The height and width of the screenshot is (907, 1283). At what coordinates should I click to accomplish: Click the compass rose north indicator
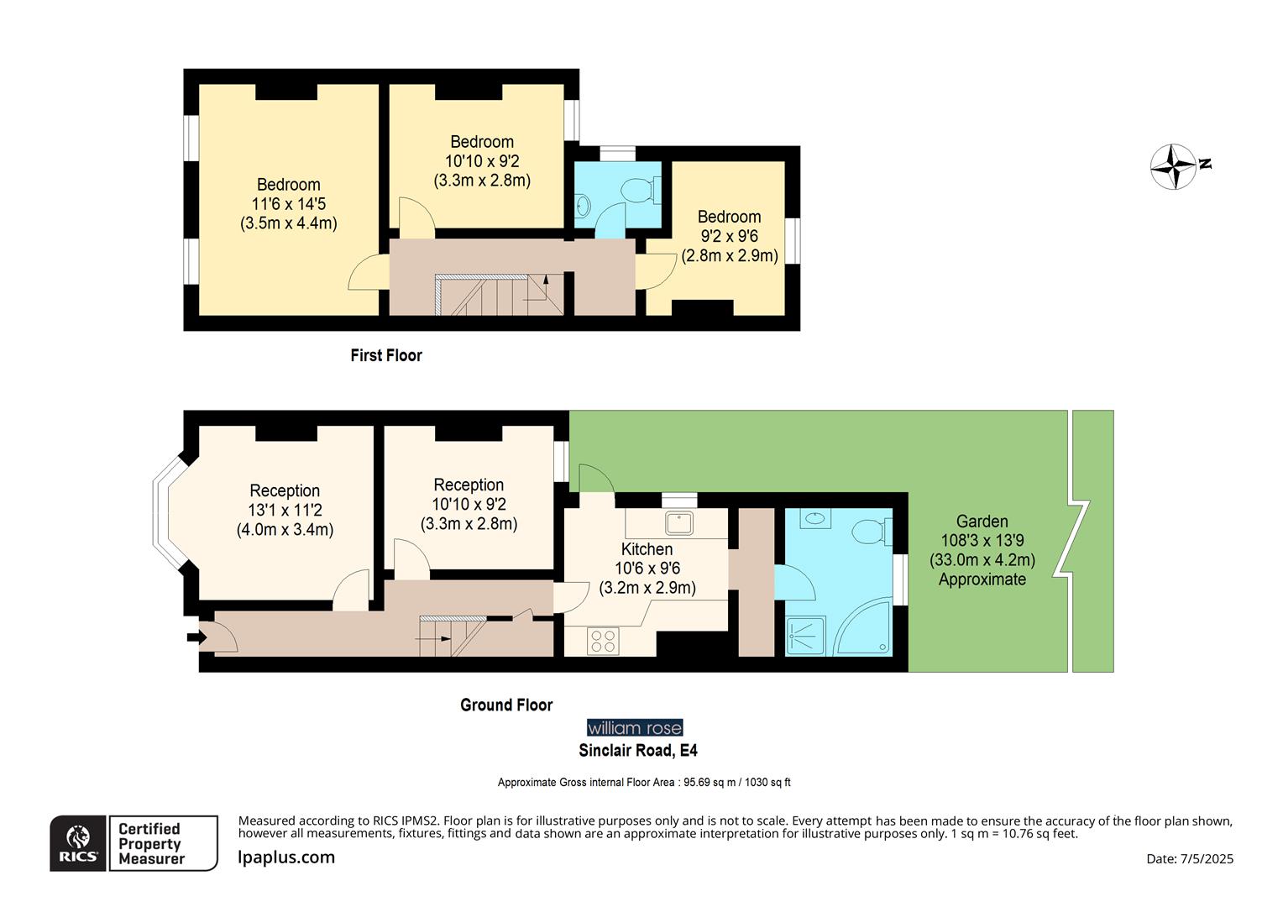click(1174, 166)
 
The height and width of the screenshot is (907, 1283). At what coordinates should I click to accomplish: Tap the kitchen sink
click(679, 523)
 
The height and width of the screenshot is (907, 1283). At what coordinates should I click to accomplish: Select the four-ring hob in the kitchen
click(603, 642)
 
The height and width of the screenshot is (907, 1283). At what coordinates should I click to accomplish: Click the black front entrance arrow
click(196, 637)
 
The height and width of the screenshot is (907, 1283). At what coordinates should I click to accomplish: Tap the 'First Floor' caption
click(386, 355)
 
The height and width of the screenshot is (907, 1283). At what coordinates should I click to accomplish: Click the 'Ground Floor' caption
click(506, 705)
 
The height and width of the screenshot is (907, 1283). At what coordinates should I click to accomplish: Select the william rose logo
click(635, 728)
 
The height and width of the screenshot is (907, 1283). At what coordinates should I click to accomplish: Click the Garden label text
click(982, 522)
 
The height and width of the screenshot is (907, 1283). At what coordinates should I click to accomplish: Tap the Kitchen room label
click(647, 549)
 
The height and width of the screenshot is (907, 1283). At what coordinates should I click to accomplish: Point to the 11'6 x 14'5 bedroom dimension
click(288, 204)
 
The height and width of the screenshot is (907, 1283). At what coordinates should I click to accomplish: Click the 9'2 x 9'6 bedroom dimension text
click(729, 236)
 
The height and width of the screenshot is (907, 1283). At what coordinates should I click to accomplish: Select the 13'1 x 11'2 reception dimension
click(285, 511)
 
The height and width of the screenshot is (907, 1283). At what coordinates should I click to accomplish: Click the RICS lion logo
click(78, 842)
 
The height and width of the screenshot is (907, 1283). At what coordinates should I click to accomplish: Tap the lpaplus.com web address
click(286, 857)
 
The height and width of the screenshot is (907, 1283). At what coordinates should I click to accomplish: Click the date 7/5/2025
click(1190, 858)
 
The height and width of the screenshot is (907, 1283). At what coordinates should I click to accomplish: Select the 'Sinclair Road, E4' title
click(638, 751)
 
